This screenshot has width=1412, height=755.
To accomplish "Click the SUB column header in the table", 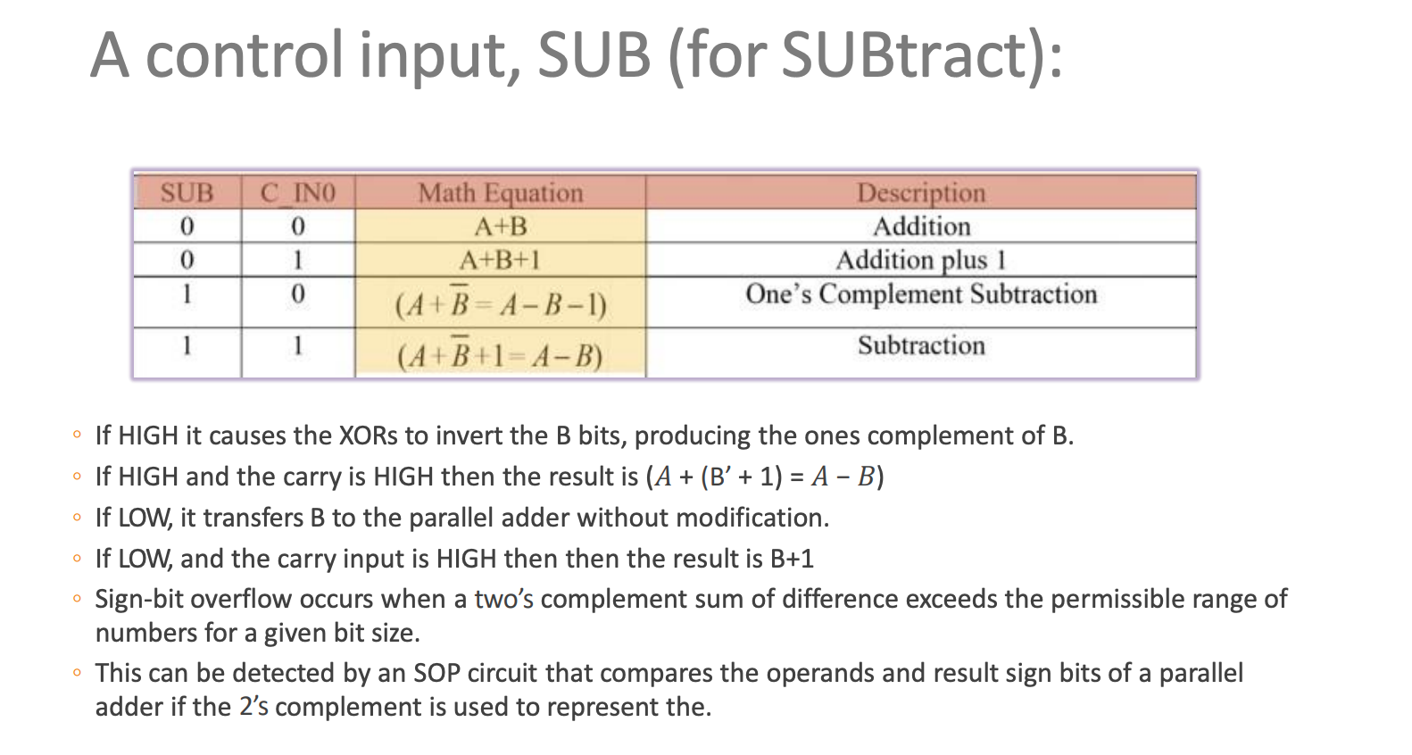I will (x=187, y=193).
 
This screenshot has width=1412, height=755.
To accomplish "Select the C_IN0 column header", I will (x=298, y=193).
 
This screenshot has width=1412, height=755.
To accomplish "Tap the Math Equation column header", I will (x=500, y=193).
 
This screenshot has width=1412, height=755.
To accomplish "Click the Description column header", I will (x=921, y=193).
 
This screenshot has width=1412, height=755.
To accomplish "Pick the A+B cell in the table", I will (x=500, y=227).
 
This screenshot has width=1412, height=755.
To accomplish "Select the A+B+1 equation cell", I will (x=500, y=260).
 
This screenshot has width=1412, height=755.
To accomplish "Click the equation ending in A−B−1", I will (x=501, y=305).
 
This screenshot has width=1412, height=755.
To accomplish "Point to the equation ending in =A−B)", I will (x=500, y=356).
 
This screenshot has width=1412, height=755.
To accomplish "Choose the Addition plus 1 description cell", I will (x=921, y=260).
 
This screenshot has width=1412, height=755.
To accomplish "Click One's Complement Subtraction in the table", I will (x=921, y=295).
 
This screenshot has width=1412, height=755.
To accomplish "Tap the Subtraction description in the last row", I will (x=921, y=345).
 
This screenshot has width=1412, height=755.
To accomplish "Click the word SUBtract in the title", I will (x=907, y=55).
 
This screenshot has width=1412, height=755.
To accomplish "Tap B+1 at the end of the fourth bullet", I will (x=792, y=559).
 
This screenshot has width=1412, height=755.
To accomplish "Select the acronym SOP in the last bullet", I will (x=436, y=673).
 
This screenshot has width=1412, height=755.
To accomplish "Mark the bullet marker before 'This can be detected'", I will (x=78, y=673).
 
